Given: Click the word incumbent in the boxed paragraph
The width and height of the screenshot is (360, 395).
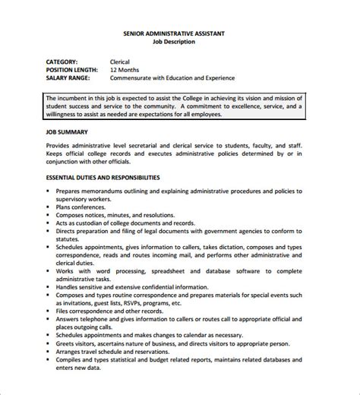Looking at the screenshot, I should point(81,98).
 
